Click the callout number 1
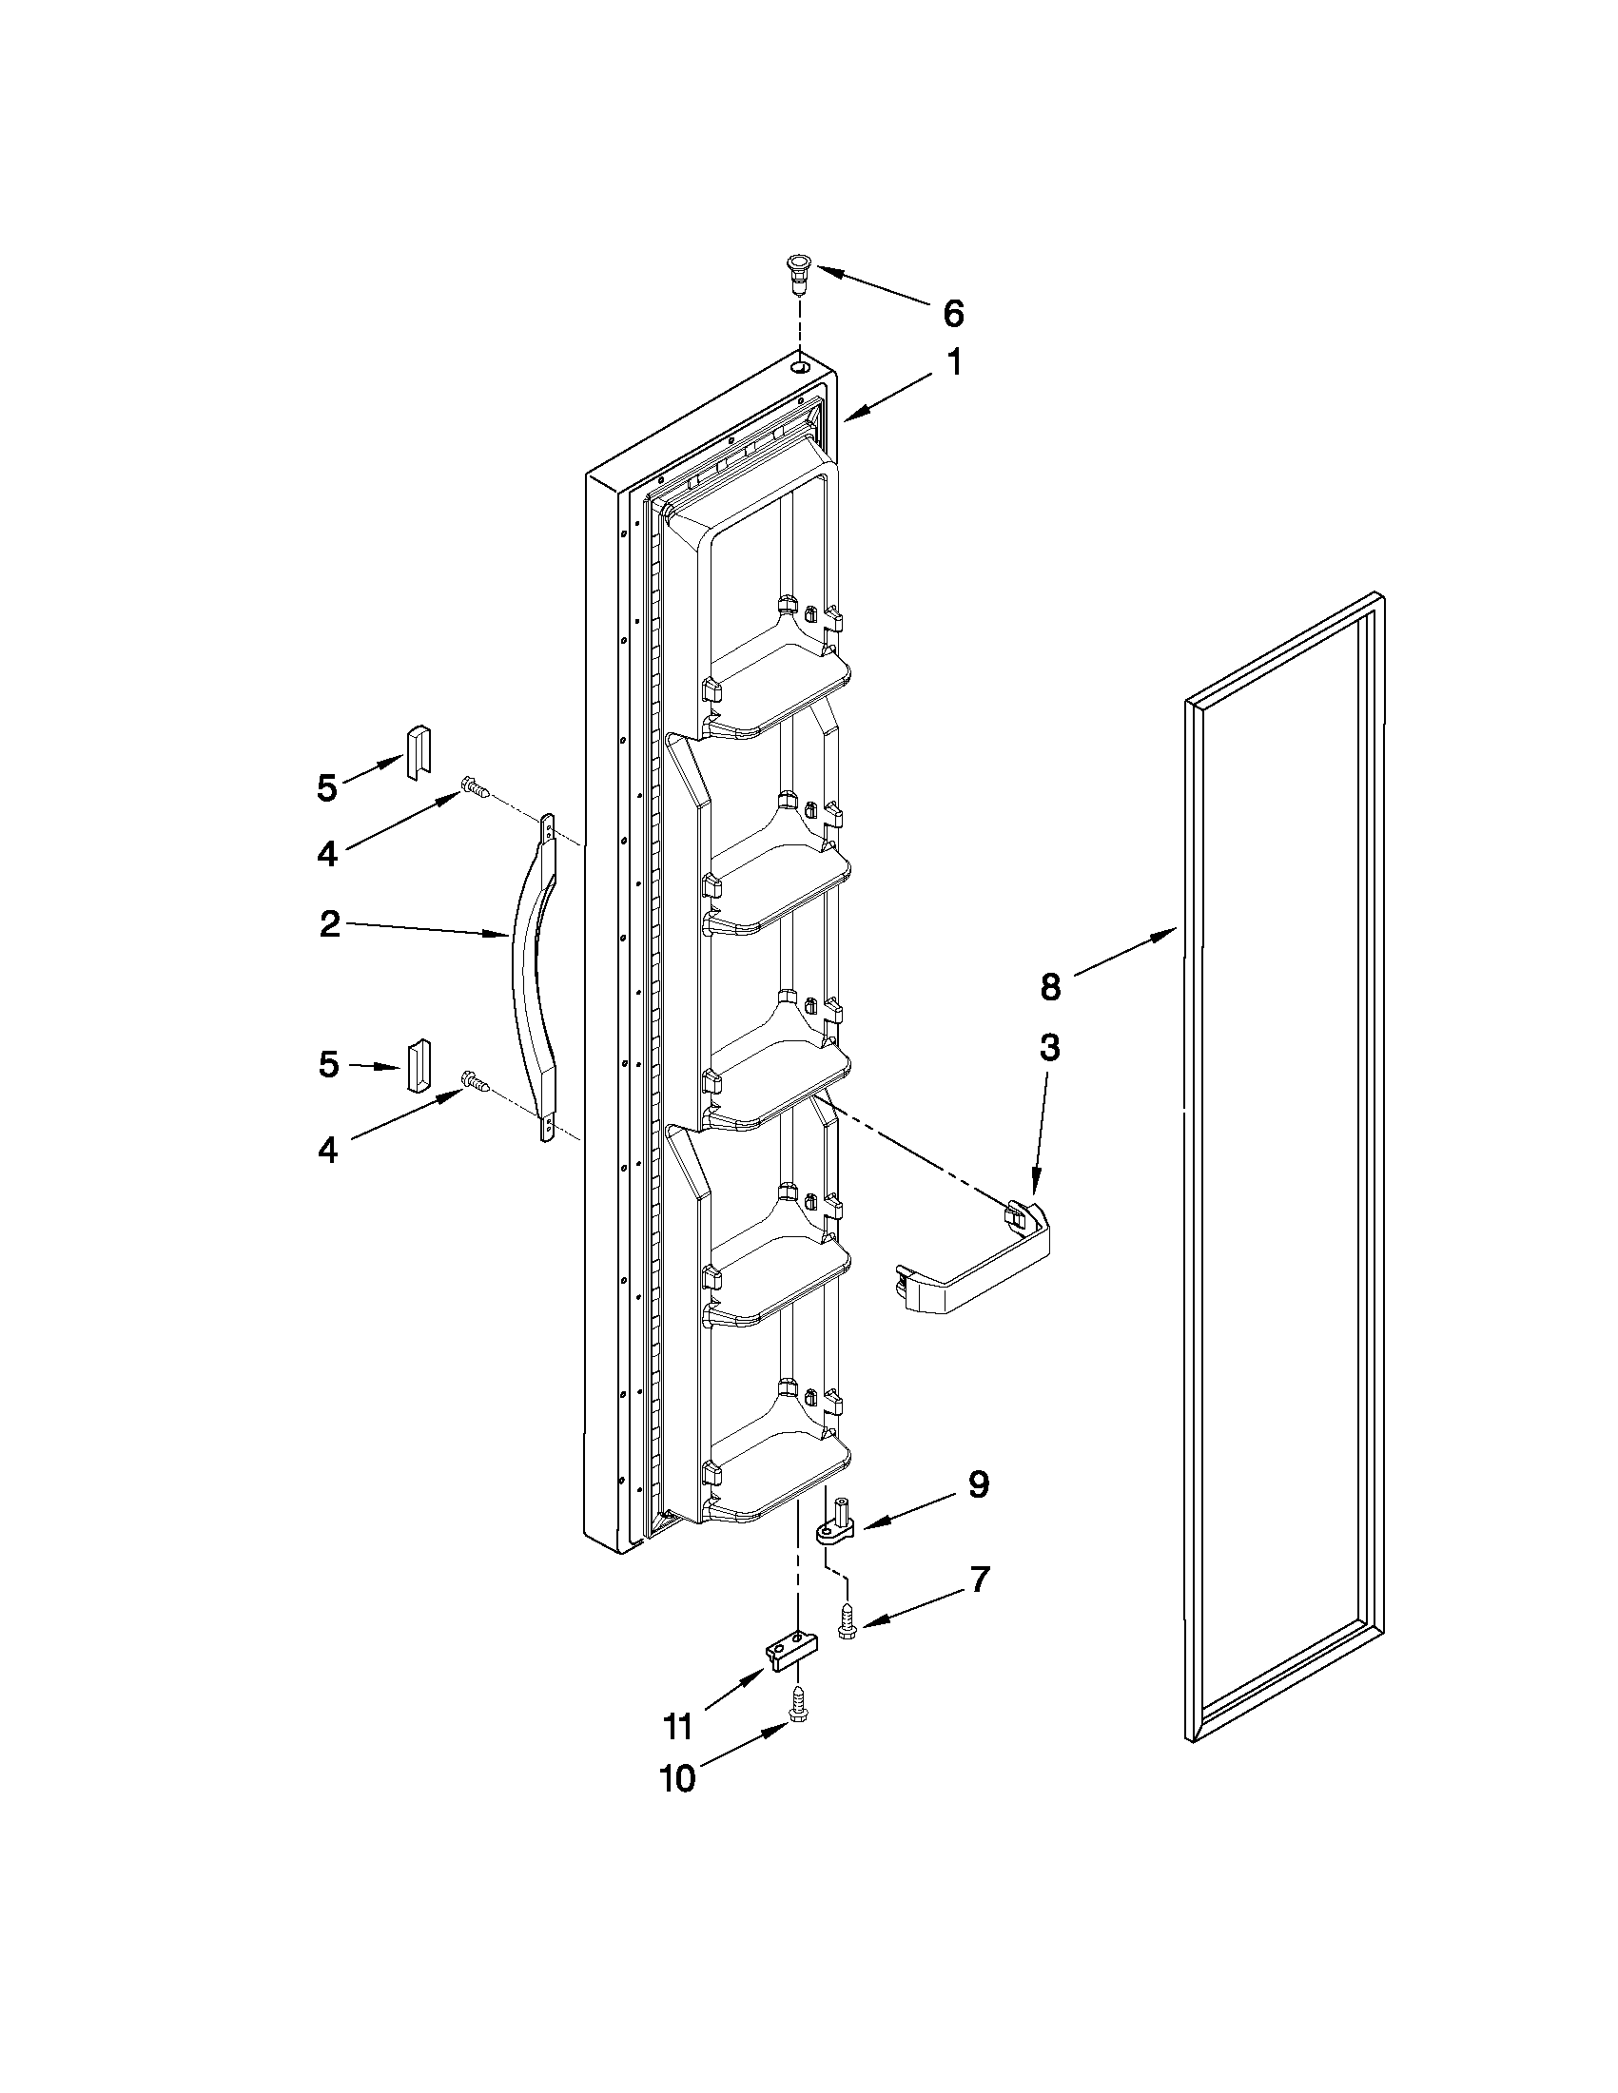[x=954, y=363]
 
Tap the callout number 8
[x=1050, y=986]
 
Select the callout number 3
[x=1049, y=1048]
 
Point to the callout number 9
[x=978, y=1484]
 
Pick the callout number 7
[x=978, y=1579]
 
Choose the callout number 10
[x=676, y=1777]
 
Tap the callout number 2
[x=329, y=925]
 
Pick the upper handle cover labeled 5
[x=419, y=753]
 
